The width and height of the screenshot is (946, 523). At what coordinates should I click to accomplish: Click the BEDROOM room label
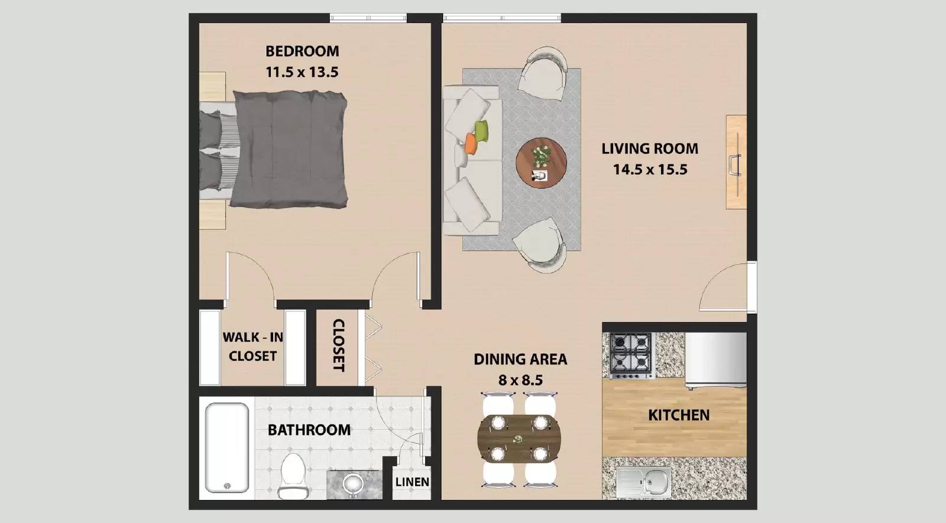coord(302,51)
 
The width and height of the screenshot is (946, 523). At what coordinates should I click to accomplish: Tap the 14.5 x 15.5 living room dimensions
coord(650,170)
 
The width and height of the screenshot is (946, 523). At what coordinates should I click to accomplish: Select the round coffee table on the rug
coord(541,163)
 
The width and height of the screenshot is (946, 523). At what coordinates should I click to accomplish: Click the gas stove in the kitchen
coord(631,355)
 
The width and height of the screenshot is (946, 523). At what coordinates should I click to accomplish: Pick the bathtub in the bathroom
coord(226,447)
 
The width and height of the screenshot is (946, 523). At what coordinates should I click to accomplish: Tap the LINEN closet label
coord(412,482)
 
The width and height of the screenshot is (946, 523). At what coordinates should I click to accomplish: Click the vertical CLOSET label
coord(338,346)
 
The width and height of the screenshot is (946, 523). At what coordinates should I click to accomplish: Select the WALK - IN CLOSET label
coord(252,346)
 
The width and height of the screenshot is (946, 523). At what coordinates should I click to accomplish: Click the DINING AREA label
coord(520,359)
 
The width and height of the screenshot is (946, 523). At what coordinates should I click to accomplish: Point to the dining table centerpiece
coord(519,439)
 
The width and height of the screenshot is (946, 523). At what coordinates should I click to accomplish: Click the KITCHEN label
coord(679,415)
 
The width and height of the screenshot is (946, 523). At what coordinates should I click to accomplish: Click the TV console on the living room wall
coord(736,162)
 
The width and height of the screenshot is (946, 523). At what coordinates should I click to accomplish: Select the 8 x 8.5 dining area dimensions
coord(520,380)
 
